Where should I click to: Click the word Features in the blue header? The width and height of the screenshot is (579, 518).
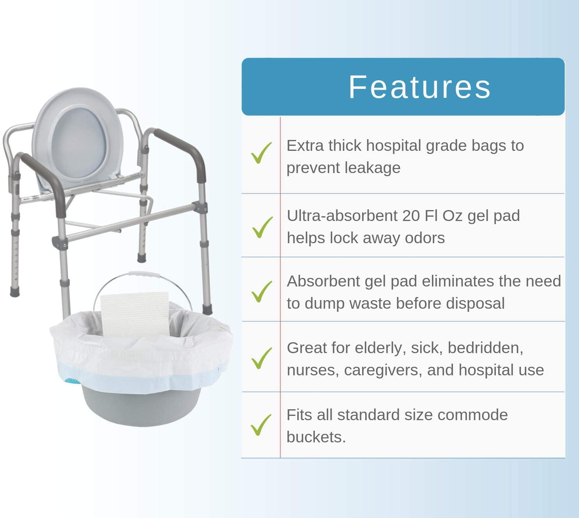point(419,87)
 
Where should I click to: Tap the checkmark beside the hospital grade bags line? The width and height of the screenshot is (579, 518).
point(261,153)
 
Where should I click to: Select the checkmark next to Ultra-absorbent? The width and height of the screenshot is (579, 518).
point(262,227)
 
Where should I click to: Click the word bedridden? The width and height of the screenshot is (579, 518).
point(485,348)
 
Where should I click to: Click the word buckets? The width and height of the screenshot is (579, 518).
point(316,437)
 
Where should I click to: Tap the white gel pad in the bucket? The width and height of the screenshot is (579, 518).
point(135,313)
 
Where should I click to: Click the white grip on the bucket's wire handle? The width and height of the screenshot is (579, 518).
point(144,275)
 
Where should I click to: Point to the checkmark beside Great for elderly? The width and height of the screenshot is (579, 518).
point(261,358)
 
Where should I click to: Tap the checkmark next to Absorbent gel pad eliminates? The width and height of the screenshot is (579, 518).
point(261,292)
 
